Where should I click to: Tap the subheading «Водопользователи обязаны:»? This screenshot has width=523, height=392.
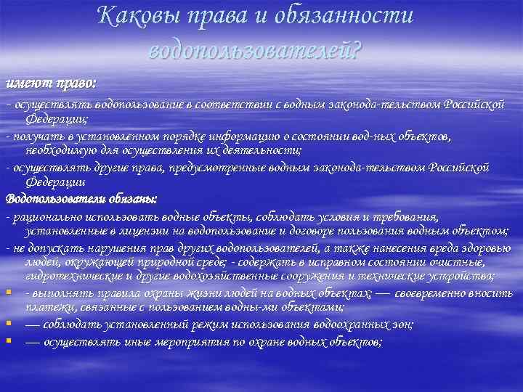[x=81, y=197]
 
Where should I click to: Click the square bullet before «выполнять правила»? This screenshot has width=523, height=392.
[x=8, y=293]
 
